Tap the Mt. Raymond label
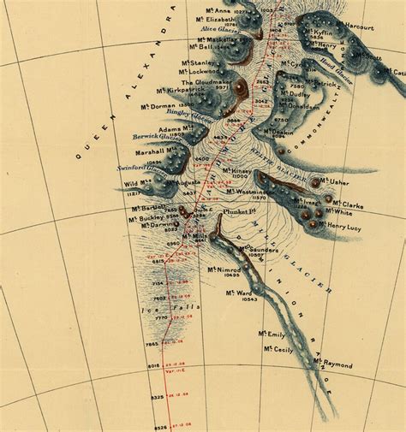tap(332, 364)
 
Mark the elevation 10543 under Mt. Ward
tap(250, 300)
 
